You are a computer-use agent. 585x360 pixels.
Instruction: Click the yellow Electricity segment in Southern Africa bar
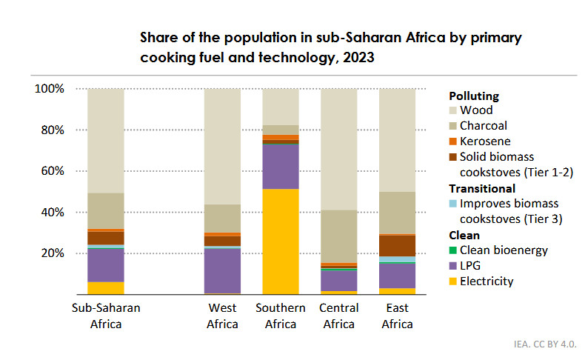tap(280, 241)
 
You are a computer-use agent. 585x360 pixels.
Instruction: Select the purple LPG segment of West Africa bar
tap(222, 270)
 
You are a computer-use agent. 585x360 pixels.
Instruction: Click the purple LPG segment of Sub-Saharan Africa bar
tap(106, 264)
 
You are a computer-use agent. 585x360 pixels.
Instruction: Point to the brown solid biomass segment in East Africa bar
tap(397, 245)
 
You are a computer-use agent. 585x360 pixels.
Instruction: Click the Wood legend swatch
tap(453, 111)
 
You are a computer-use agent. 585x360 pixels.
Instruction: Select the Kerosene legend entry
tap(485, 141)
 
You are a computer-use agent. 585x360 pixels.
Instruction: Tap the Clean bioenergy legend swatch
tap(453, 250)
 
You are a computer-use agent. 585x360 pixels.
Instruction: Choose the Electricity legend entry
tap(487, 281)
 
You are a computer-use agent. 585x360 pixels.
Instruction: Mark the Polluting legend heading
tap(474, 96)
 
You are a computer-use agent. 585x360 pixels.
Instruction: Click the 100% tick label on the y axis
tap(50, 89)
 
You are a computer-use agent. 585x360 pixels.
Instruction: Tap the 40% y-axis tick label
tap(53, 212)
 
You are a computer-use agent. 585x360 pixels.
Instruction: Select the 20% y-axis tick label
tap(53, 253)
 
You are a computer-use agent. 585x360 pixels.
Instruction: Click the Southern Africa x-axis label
tap(281, 316)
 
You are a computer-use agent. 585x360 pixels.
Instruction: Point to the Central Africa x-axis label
tap(339, 316)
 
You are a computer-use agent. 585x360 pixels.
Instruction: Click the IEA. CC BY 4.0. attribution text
tap(544, 344)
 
